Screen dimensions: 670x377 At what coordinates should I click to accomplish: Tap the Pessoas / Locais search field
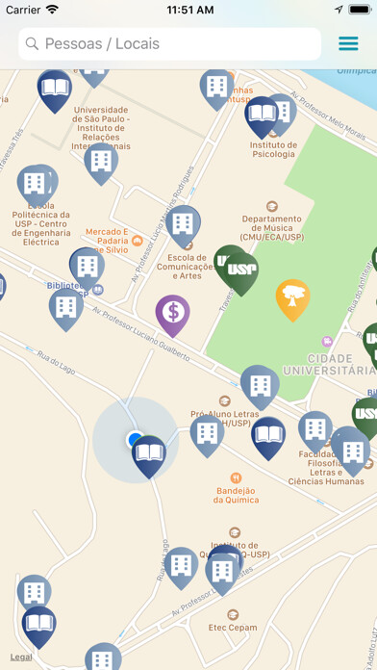click(x=168, y=43)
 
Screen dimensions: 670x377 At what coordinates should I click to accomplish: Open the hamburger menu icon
click(x=347, y=43)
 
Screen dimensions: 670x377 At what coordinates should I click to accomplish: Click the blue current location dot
click(x=134, y=439)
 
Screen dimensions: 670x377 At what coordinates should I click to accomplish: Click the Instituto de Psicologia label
click(x=274, y=148)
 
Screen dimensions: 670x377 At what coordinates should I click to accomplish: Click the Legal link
click(x=21, y=657)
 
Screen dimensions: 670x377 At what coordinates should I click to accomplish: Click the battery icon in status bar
click(x=357, y=10)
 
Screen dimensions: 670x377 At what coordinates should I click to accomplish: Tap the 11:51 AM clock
click(x=189, y=10)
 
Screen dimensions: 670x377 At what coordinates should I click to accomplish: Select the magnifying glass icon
click(x=32, y=43)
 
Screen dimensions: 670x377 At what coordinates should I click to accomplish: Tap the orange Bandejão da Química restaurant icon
click(x=236, y=477)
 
